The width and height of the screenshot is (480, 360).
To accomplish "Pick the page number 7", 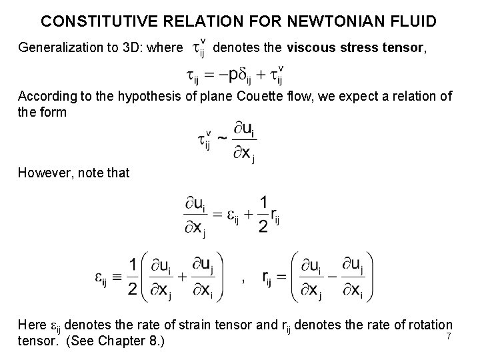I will pos(449,335).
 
